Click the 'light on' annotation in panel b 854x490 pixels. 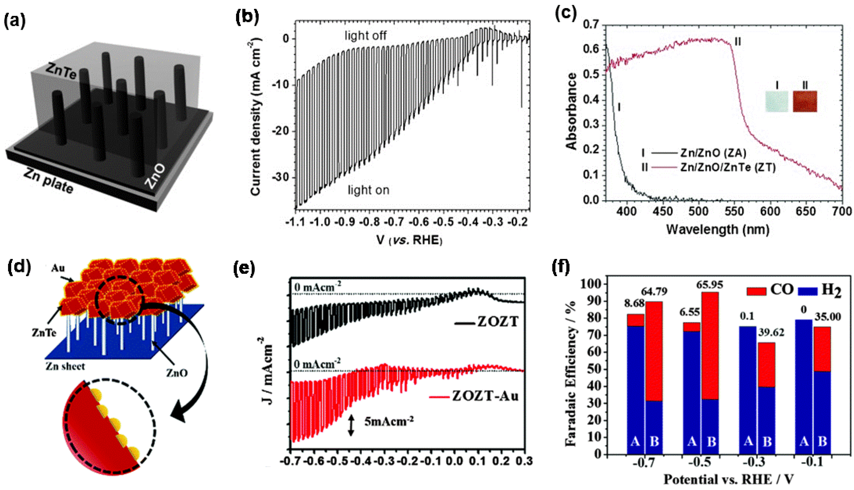[x=368, y=190]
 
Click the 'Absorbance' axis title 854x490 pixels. [x=572, y=111]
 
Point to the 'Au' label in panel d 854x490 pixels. [x=58, y=268]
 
